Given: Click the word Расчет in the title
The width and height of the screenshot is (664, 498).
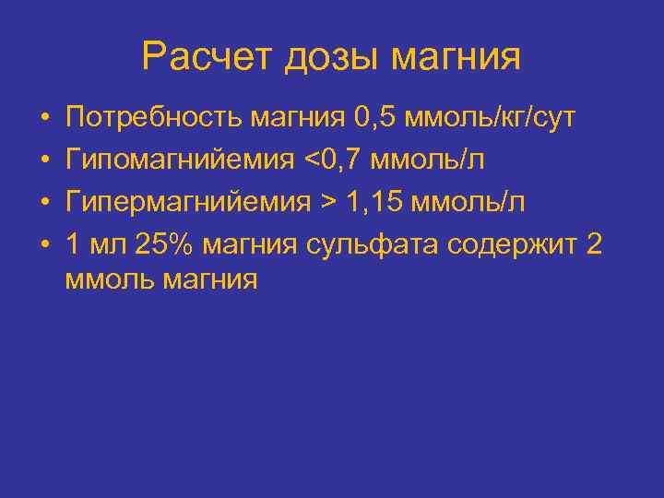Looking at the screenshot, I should point(208,57).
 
